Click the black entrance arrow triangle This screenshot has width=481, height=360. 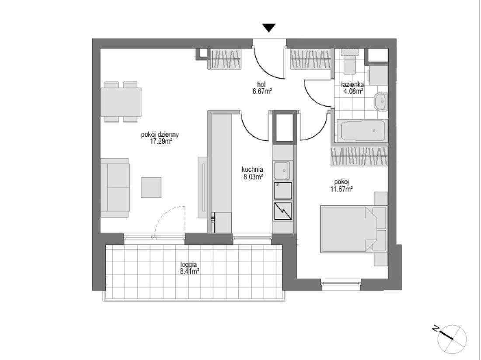pyautogui.click(x=269, y=28)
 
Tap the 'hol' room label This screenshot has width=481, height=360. pyautogui.click(x=261, y=84)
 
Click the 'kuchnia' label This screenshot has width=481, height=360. pyautogui.click(x=252, y=169)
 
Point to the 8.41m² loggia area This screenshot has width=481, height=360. pyautogui.click(x=188, y=271)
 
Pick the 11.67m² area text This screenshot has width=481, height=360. pyautogui.click(x=341, y=189)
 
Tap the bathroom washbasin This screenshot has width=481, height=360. pyautogui.click(x=381, y=101)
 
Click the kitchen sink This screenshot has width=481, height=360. pyautogui.click(x=282, y=170)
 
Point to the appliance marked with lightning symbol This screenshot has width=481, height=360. pyautogui.click(x=282, y=211)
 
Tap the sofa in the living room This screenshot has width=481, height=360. pyautogui.click(x=115, y=188)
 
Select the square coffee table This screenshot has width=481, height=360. pyautogui.click(x=151, y=187)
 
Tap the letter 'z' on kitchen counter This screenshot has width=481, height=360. pyautogui.click(x=277, y=185)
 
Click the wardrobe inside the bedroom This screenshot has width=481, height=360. pyautogui.click(x=359, y=156)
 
